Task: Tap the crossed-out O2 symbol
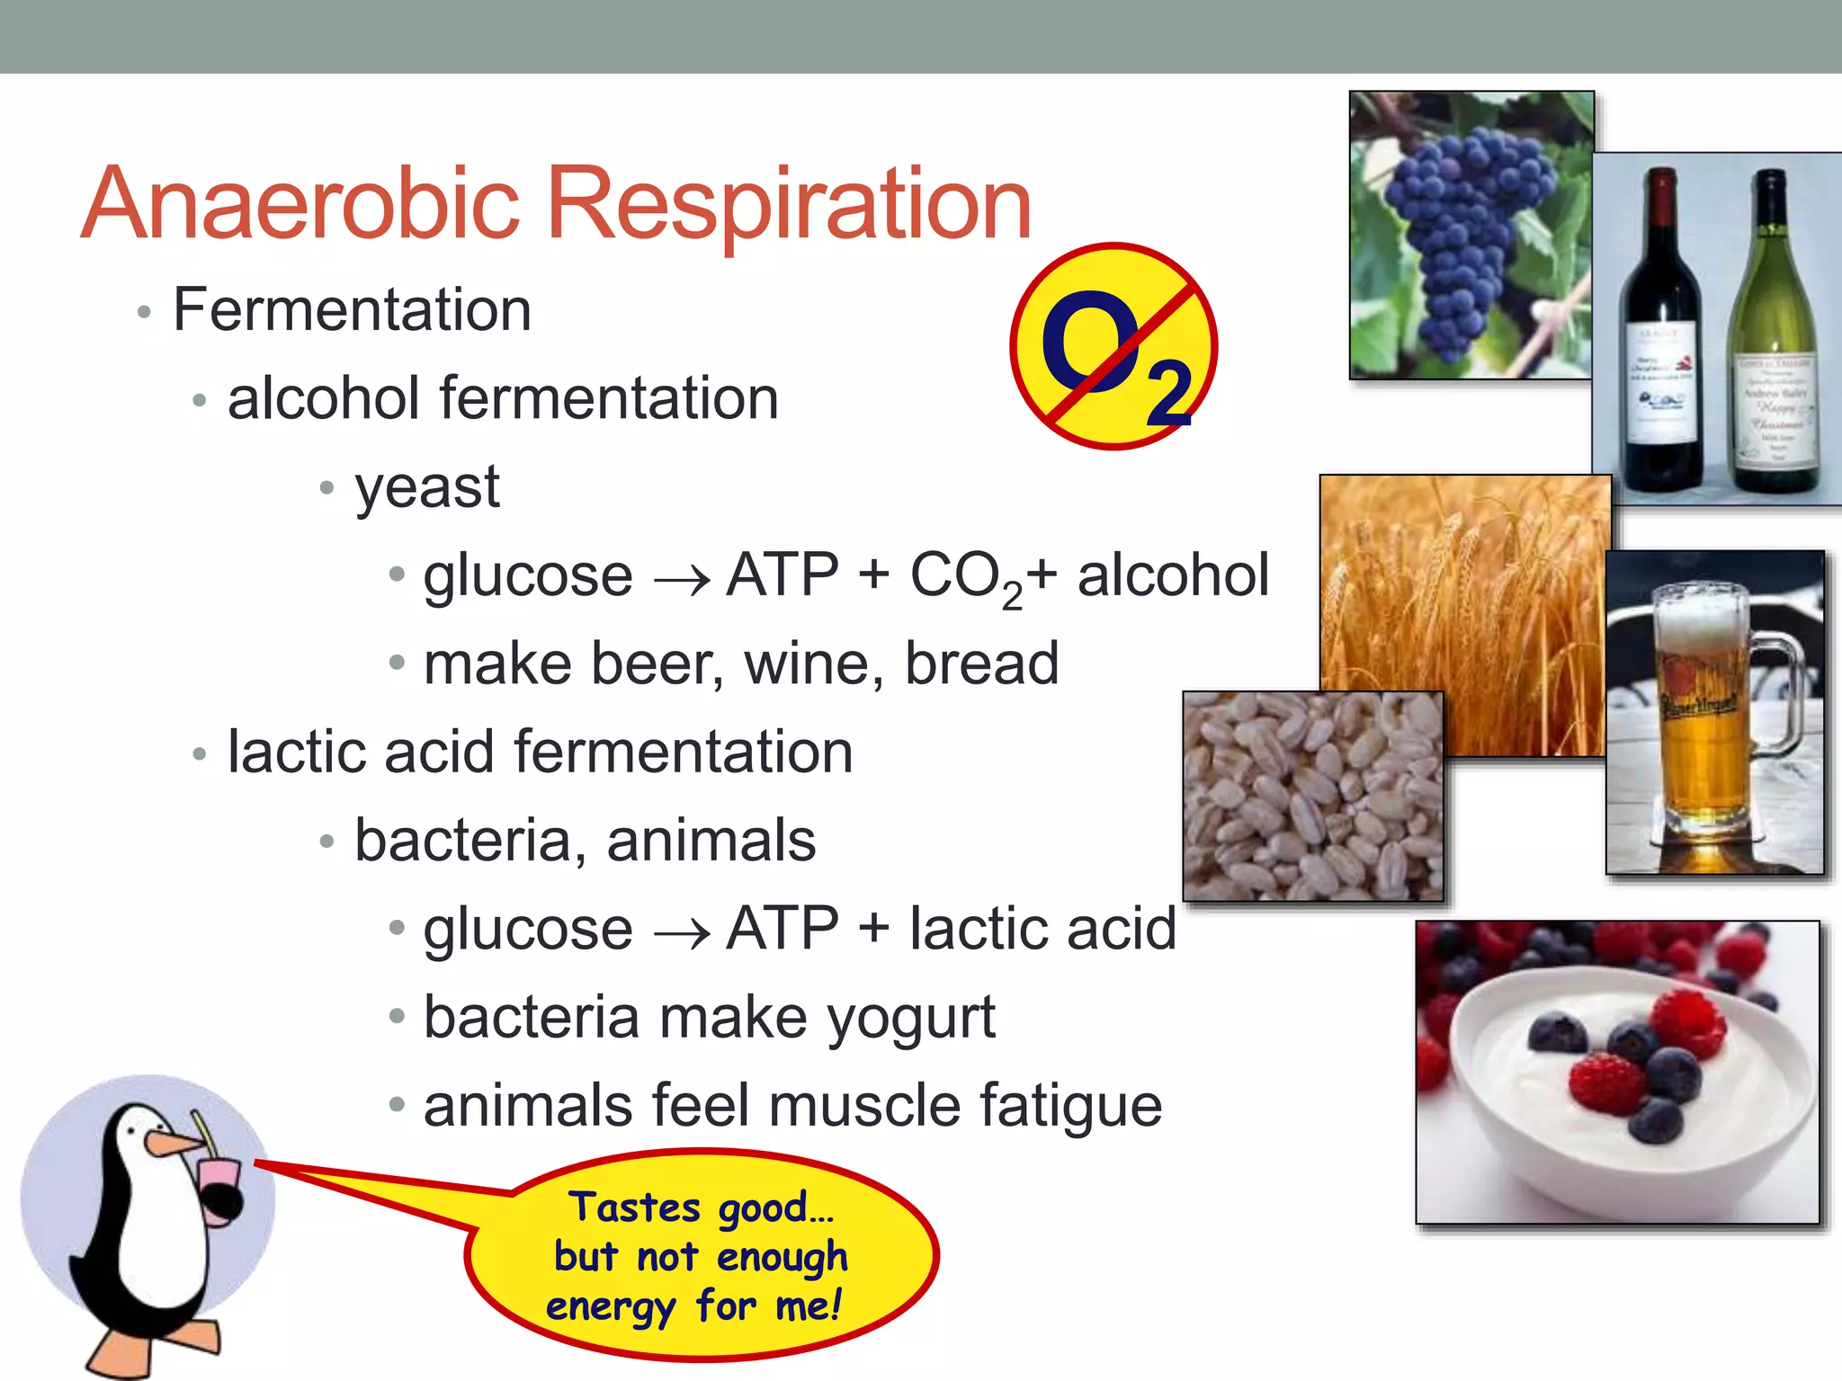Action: click(x=1113, y=346)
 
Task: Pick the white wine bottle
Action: click(x=1774, y=342)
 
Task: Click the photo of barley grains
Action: click(x=1313, y=797)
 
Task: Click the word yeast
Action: click(x=427, y=488)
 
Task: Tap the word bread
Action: click(x=981, y=664)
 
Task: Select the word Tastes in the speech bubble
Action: click(x=634, y=1207)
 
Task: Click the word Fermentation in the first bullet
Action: click(x=352, y=310)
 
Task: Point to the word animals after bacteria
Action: click(x=711, y=842)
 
